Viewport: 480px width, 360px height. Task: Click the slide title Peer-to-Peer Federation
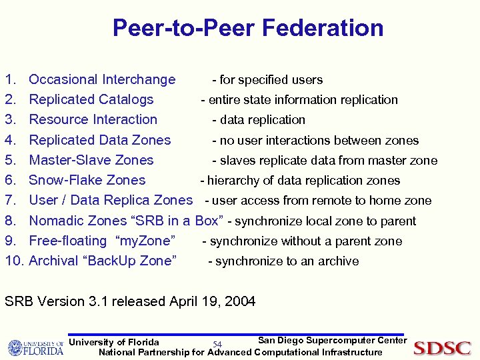point(248,28)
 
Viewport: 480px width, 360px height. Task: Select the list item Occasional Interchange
point(102,80)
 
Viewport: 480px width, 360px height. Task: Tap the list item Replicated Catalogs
point(91,100)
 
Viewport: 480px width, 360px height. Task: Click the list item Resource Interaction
point(93,120)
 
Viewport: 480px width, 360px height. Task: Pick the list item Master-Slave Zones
point(91,161)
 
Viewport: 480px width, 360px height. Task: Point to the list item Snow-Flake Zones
point(87,181)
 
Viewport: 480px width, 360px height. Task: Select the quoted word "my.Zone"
point(145,241)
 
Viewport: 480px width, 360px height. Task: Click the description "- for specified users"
point(267,80)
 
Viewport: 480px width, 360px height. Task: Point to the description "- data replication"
point(259,120)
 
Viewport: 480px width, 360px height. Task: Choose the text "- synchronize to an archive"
point(283,261)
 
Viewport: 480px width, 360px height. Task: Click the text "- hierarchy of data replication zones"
point(300,181)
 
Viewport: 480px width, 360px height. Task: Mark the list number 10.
point(13,261)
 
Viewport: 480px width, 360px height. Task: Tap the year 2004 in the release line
point(240,301)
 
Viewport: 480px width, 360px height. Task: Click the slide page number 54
point(217,345)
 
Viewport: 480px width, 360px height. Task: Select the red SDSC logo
point(442,348)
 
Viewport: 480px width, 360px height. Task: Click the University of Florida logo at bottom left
point(35,347)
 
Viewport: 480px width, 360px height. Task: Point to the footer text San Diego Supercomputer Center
point(332,341)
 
